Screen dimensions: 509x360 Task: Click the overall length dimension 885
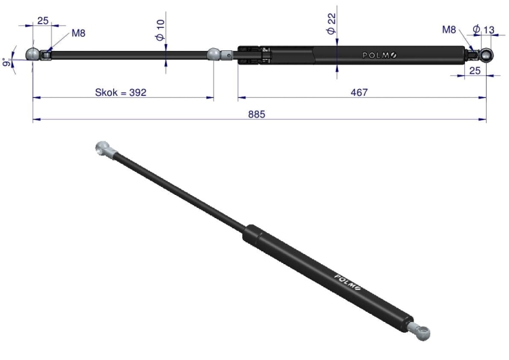click(257, 114)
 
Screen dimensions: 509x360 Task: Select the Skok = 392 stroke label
click(121, 92)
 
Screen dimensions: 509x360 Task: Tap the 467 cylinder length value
click(359, 92)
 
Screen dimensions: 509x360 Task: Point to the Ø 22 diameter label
click(331, 24)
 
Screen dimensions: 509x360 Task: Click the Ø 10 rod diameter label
click(160, 30)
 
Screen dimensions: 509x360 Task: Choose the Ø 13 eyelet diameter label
click(483, 30)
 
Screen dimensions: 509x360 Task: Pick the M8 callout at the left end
click(78, 33)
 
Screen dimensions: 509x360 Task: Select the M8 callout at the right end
click(449, 30)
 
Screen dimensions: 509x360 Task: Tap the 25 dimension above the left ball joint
click(43, 21)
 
